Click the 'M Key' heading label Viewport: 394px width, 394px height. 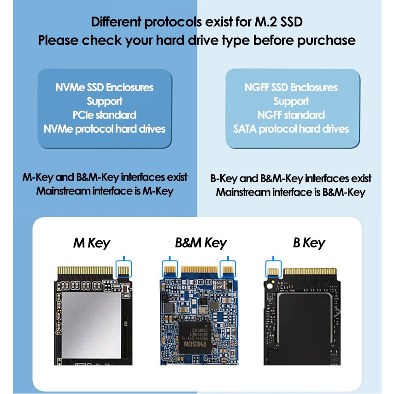click(92, 243)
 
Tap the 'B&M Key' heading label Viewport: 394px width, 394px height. click(201, 243)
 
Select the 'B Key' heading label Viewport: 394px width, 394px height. click(309, 243)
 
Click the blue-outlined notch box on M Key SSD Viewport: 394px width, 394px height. click(123, 268)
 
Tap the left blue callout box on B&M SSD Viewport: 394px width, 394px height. click(170, 268)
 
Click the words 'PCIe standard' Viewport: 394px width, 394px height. click(104, 115)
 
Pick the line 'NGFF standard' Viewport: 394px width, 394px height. click(291, 115)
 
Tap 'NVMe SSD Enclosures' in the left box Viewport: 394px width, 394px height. click(104, 87)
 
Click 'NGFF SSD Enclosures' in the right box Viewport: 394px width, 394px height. click(291, 87)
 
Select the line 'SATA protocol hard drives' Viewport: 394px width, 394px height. click(291, 129)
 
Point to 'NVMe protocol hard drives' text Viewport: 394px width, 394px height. click(104, 129)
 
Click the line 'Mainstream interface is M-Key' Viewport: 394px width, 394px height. click(105, 191)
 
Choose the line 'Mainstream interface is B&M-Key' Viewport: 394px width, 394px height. click(290, 192)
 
